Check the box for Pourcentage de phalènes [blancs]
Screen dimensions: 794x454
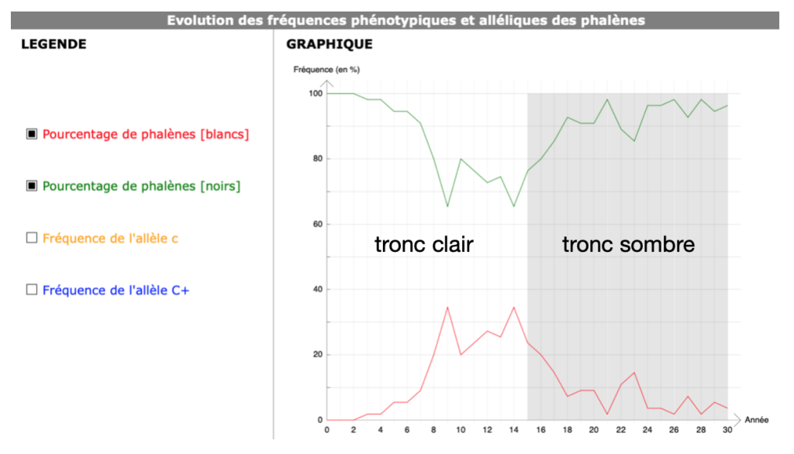[31, 134]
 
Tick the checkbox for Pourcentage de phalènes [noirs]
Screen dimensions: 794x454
[31, 186]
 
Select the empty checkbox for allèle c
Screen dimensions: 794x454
[31, 238]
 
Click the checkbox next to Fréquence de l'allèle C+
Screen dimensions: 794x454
[31, 290]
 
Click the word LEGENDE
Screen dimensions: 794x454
[54, 44]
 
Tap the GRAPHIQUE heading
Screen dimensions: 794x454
[329, 44]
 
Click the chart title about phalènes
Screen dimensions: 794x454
[406, 20]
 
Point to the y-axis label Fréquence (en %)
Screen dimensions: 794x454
[326, 70]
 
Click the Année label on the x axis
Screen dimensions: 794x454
[757, 420]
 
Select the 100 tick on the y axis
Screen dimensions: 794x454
[316, 93]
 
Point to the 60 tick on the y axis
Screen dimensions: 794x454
[317, 224]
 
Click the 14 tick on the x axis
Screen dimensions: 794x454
[513, 430]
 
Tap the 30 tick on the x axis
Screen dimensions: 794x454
[727, 430]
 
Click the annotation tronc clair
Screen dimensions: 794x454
[424, 245]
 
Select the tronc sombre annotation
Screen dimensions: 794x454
[628, 245]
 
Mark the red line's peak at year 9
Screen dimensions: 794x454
[447, 308]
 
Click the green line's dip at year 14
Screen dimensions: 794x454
[514, 206]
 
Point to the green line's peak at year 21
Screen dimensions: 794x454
[607, 99]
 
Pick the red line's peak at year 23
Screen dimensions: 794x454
[634, 373]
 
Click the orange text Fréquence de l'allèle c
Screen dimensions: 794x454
[110, 239]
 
